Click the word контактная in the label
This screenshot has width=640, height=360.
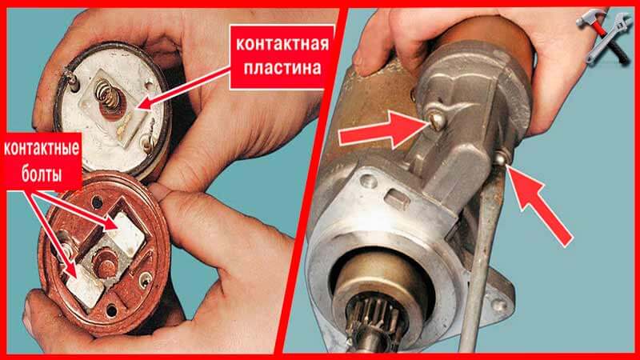point(282,44)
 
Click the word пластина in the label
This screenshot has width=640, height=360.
point(282,68)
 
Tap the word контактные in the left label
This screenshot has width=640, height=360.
point(42,149)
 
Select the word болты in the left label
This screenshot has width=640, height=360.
point(42,174)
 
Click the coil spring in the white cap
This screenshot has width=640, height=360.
point(108,95)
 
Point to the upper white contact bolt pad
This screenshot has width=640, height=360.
point(126,234)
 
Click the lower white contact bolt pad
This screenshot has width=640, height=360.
point(85,286)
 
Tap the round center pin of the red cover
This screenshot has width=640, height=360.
point(105,262)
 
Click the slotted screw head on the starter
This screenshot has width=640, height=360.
point(437,121)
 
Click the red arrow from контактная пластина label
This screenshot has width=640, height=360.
point(185,89)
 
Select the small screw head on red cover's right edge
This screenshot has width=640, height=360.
point(146,279)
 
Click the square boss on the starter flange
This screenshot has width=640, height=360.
point(397,199)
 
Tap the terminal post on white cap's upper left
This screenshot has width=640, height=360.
point(70,78)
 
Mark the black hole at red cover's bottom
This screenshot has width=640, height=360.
point(110,310)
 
